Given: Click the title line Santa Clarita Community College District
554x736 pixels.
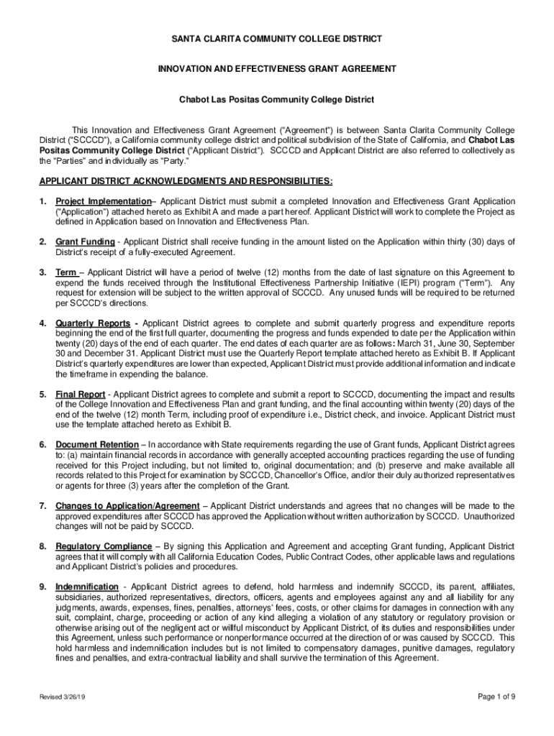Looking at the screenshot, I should pos(277,38).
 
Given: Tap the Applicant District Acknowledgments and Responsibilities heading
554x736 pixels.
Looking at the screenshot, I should pos(186,181).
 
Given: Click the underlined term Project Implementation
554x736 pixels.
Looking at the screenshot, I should pos(104,201).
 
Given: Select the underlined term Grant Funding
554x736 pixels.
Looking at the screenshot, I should pos(85,241).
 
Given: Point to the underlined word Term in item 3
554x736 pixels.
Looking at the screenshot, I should pos(67,272).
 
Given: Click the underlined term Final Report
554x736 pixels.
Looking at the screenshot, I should pos(81,395).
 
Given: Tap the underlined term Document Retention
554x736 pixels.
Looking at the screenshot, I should pos(97,446).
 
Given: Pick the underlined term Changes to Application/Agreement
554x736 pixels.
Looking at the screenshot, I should pos(127,507).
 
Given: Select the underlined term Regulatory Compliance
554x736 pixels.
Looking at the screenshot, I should pos(104,547).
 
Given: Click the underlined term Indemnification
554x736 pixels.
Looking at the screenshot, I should pos(87,587).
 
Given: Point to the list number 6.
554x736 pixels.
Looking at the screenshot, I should pos(42,446).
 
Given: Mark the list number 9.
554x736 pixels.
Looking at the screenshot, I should pos(42,587).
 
